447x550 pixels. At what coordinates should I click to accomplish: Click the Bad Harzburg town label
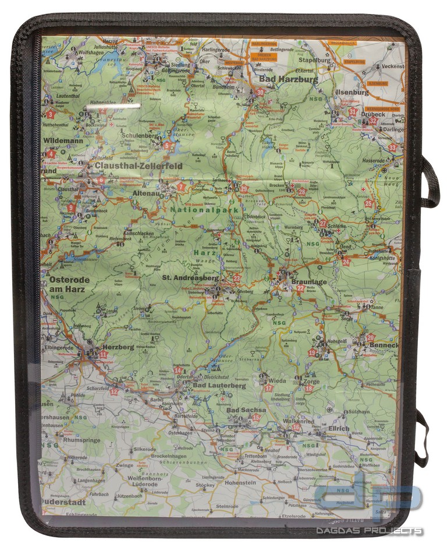point(289,79)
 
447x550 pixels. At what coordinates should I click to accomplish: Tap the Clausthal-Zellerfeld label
point(139,166)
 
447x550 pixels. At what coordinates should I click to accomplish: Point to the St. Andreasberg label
point(190,278)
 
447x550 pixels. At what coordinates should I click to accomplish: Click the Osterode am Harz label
point(70,284)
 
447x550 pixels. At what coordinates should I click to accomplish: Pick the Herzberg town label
point(118,347)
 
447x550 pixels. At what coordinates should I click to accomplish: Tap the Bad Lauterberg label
point(219,385)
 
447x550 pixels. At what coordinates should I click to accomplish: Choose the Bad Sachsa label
point(246,410)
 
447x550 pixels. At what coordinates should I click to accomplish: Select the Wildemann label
point(63,140)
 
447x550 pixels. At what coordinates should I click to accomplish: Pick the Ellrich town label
point(338,428)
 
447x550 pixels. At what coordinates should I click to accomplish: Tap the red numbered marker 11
point(104,354)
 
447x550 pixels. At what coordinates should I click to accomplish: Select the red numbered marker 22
point(300,288)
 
